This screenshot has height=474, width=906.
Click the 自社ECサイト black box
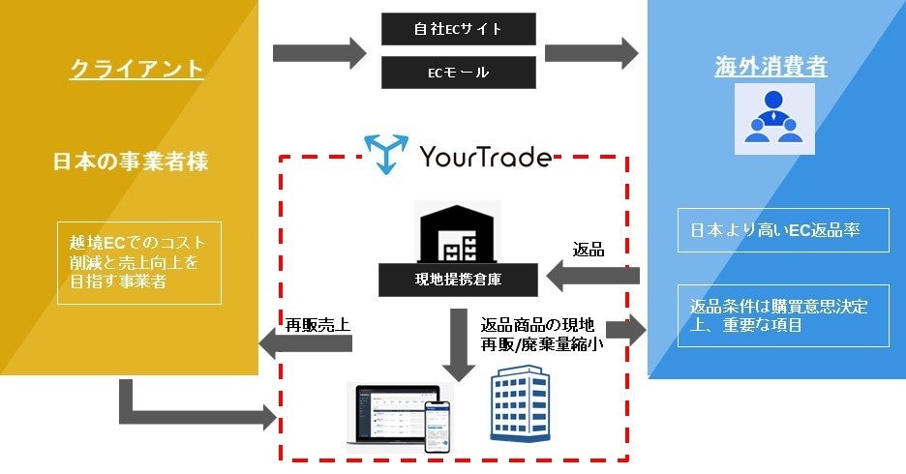click(x=457, y=28)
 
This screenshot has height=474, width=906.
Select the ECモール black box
click(x=457, y=72)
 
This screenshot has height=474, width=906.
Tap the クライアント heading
click(x=136, y=70)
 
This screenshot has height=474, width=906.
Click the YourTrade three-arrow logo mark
click(x=386, y=156)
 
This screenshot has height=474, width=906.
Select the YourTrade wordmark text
click(x=487, y=157)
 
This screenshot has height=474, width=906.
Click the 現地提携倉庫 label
click(x=458, y=281)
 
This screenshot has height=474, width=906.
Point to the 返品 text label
click(x=589, y=250)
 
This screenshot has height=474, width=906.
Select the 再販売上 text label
click(x=317, y=324)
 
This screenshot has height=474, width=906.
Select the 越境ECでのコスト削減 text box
click(x=138, y=261)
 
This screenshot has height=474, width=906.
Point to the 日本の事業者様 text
click(x=130, y=162)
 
